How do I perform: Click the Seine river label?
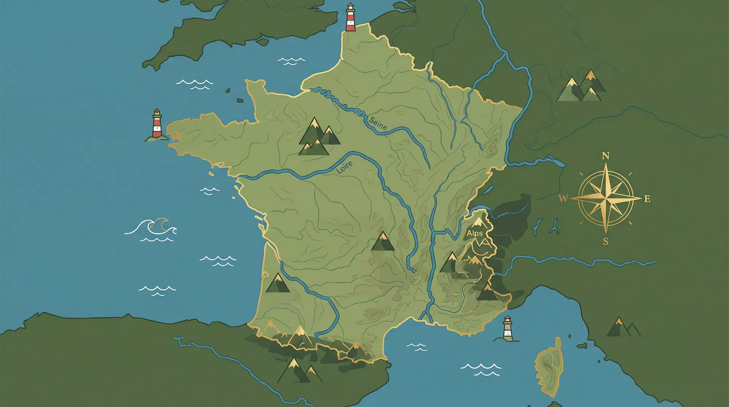(378, 123)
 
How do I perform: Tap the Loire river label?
(344, 167)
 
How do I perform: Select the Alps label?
(475, 233)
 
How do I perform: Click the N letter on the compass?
(606, 156)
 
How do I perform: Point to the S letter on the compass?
(606, 241)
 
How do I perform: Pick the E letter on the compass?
(647, 199)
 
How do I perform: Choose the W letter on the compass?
(563, 199)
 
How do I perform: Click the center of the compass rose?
(606, 198)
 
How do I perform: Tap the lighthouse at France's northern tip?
(350, 18)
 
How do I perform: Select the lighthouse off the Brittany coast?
(157, 125)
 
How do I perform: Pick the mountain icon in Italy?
(622, 328)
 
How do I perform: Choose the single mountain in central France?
(383, 242)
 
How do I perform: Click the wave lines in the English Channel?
(291, 61)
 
